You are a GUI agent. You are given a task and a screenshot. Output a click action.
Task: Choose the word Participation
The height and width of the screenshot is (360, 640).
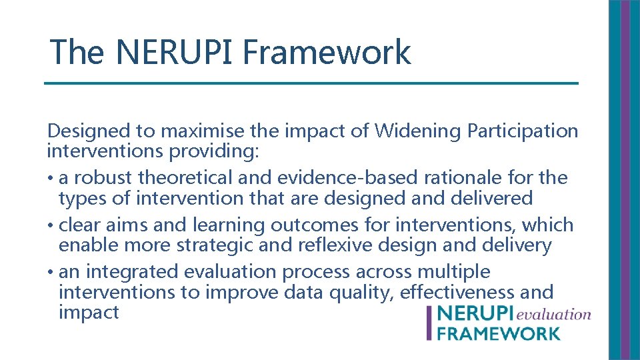tap(523, 131)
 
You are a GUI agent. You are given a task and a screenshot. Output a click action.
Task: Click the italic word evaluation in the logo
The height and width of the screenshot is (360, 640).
tap(555, 313)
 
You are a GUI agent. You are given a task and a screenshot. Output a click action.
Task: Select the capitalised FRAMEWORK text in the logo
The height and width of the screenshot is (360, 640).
tap(499, 333)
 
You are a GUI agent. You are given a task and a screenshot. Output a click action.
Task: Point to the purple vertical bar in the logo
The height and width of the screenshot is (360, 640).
tap(430, 323)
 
